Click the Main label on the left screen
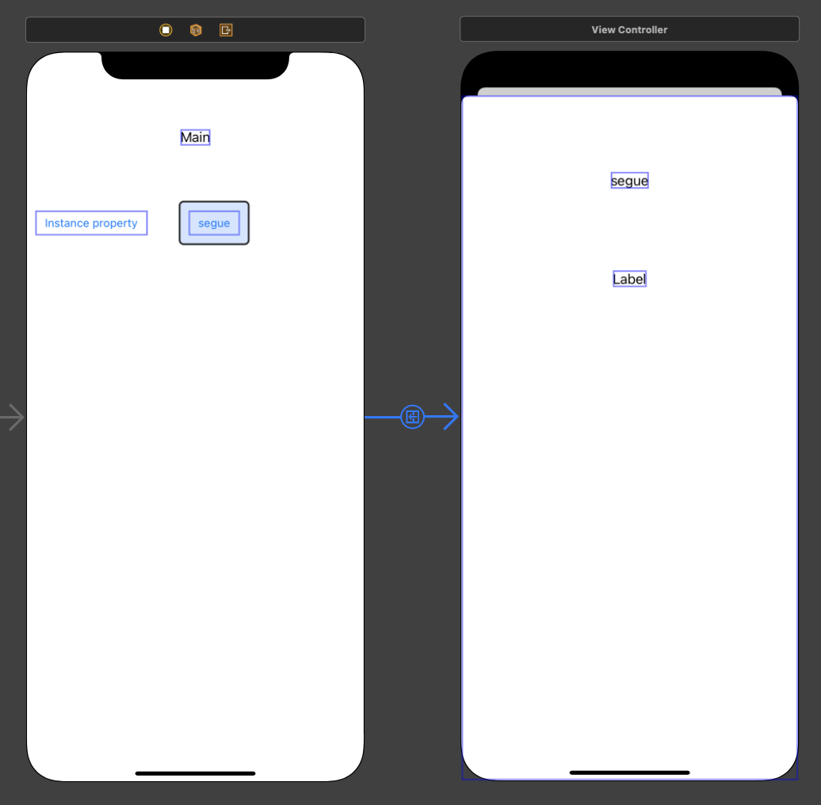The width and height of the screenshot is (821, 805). click(x=195, y=138)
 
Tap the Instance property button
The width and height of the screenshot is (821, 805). click(x=91, y=223)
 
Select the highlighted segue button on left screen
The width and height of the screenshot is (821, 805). click(x=214, y=223)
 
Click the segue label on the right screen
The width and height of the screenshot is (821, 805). click(x=629, y=181)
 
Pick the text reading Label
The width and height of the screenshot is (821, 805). click(x=629, y=279)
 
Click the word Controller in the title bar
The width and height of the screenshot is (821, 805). click(x=646, y=30)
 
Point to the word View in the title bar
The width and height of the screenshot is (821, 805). click(x=602, y=30)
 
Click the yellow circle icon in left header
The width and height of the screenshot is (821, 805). click(x=166, y=30)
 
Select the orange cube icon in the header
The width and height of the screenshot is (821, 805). click(x=196, y=30)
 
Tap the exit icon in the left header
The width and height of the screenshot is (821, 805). click(x=226, y=30)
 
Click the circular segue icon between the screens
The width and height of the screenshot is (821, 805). click(x=412, y=417)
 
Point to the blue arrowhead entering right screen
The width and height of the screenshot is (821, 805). click(x=450, y=417)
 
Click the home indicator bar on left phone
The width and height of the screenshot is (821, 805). click(x=195, y=773)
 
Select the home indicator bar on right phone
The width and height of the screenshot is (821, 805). click(x=629, y=773)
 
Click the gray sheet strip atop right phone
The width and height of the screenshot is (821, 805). click(x=629, y=91)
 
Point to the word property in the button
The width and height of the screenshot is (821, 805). click(x=115, y=223)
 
